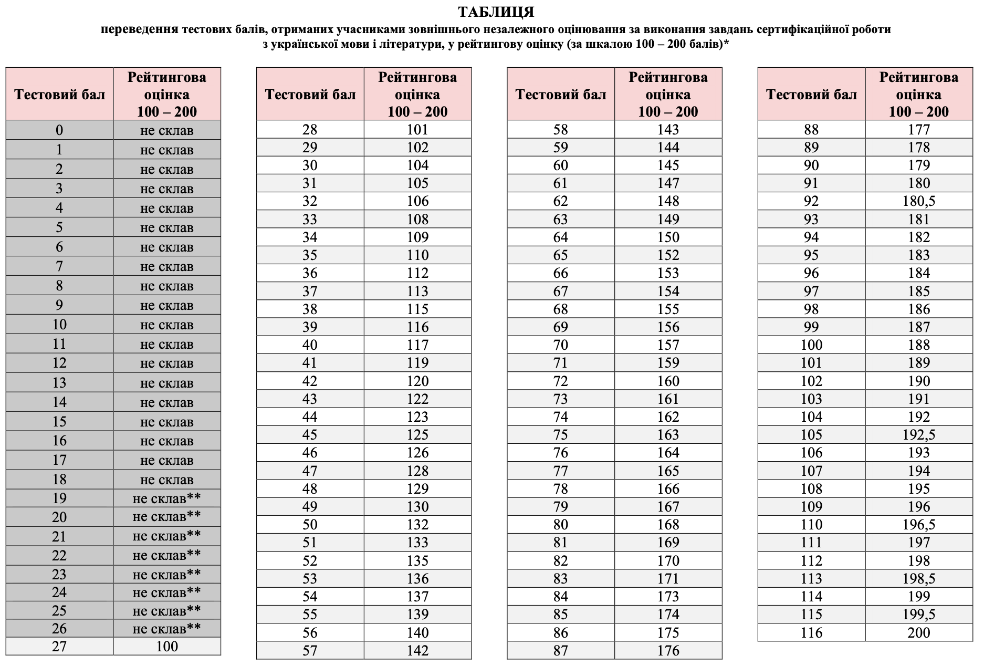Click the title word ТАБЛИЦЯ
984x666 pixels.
coord(496,12)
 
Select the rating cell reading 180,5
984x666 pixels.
coord(918,201)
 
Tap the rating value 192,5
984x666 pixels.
coord(918,435)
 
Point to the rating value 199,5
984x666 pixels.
coord(918,615)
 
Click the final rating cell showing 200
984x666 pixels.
coord(918,632)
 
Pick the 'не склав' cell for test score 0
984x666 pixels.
coord(166,130)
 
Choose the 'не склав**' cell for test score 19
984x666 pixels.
coord(166,498)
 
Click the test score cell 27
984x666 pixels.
coord(59,647)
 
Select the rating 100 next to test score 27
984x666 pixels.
coord(166,647)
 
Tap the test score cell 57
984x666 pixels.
coord(310,651)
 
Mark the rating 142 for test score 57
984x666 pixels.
coord(417,651)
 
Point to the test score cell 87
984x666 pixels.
coord(560,651)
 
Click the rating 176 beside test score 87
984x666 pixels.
coord(668,651)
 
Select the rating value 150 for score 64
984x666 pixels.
coord(668,237)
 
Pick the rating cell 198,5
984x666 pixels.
coord(918,579)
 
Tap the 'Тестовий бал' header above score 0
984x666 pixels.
coord(59,95)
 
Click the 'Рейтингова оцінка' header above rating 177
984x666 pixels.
coord(918,95)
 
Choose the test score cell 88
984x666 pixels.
coord(811,130)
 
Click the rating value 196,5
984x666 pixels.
coord(918,525)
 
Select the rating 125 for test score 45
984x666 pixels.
coord(417,435)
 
